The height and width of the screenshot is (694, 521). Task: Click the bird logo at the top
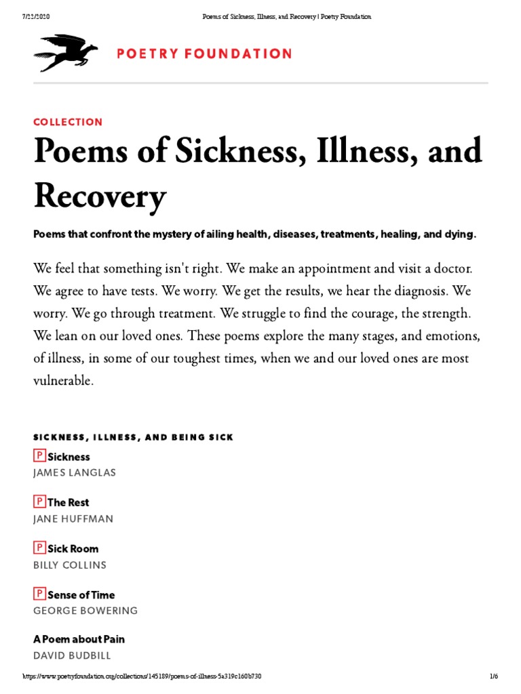[65, 52]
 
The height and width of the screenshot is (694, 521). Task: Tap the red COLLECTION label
[68, 122]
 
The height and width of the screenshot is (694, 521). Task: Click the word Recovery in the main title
[100, 197]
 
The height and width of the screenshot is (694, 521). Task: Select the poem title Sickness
[69, 457]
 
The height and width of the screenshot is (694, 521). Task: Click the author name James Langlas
[75, 472]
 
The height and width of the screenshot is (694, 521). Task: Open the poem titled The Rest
[68, 503]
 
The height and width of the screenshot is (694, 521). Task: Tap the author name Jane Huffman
[73, 518]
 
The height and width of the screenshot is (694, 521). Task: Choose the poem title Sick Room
[73, 549]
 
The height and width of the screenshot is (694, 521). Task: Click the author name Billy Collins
[70, 565]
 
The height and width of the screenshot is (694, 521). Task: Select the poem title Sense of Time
[81, 595]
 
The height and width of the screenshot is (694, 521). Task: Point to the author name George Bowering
[85, 611]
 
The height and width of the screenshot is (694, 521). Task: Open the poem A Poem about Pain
[79, 639]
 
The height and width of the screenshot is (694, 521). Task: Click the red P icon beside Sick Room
[39, 548]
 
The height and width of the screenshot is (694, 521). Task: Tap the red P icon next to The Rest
[39, 502]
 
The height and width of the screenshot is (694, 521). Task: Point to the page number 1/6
[494, 677]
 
